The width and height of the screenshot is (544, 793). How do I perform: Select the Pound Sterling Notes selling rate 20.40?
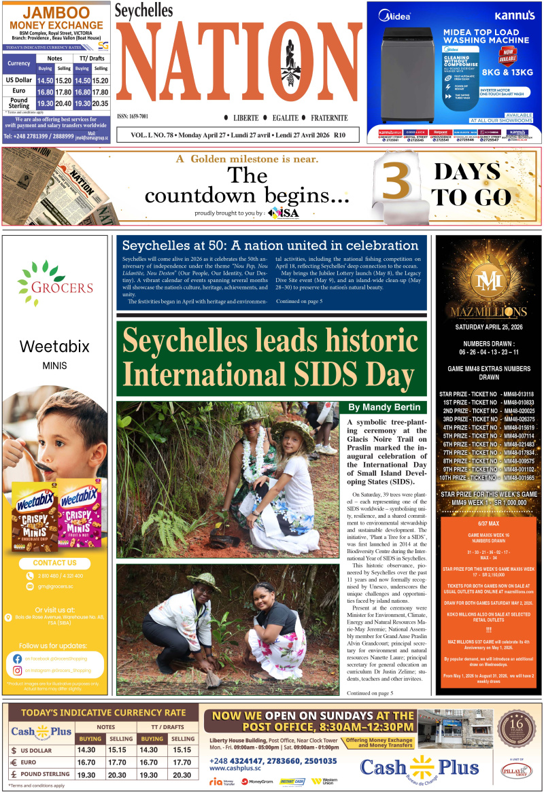point(63,103)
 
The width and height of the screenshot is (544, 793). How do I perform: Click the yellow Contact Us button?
point(55,563)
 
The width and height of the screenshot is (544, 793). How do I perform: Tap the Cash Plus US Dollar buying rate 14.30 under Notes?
point(86,750)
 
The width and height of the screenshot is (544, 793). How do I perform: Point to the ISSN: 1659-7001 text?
point(133,116)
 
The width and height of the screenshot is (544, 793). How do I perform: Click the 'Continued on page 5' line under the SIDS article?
point(370,692)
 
